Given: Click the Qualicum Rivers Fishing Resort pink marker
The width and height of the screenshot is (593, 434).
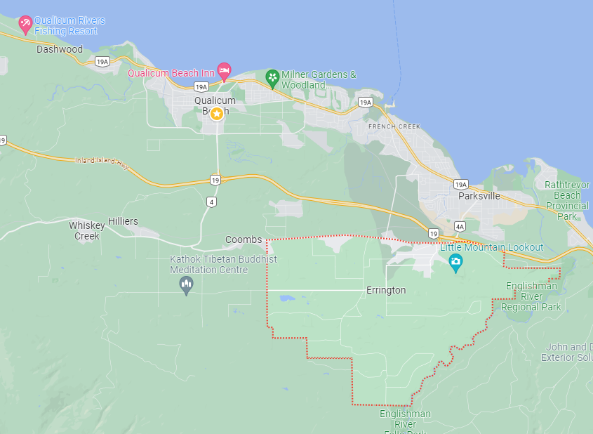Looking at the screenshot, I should pyautogui.click(x=25, y=25).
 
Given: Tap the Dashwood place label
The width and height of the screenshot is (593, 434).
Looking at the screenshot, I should pyautogui.click(x=60, y=49).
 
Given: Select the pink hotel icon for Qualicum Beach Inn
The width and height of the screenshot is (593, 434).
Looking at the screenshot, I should pyautogui.click(x=224, y=70).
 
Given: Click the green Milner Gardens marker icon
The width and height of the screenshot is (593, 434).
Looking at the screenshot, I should pyautogui.click(x=272, y=77).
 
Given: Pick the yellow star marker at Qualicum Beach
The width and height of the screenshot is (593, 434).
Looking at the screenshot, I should pyautogui.click(x=217, y=113).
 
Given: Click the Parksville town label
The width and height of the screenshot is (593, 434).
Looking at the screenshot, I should pyautogui.click(x=479, y=196).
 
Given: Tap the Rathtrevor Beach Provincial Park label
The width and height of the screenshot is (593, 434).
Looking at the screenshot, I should pyautogui.click(x=566, y=200).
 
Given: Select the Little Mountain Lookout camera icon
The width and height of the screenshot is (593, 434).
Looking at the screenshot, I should pyautogui.click(x=456, y=263).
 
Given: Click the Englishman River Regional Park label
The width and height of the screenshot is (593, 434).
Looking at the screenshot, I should pyautogui.click(x=531, y=296).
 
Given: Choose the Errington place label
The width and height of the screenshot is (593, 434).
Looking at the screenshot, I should pyautogui.click(x=386, y=290).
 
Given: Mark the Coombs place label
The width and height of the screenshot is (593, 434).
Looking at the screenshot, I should pyautogui.click(x=244, y=239).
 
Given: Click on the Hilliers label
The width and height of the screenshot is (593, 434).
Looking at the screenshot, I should pyautogui.click(x=123, y=221).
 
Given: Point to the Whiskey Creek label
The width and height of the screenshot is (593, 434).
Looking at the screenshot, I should pyautogui.click(x=87, y=230).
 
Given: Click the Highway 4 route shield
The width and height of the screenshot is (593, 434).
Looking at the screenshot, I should pyautogui.click(x=212, y=202).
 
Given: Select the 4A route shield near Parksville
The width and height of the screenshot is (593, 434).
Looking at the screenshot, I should pyautogui.click(x=460, y=226).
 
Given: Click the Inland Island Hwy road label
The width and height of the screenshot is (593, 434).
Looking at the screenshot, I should pyautogui.click(x=102, y=162).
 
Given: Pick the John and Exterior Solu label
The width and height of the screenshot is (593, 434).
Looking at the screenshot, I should pyautogui.click(x=566, y=353).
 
